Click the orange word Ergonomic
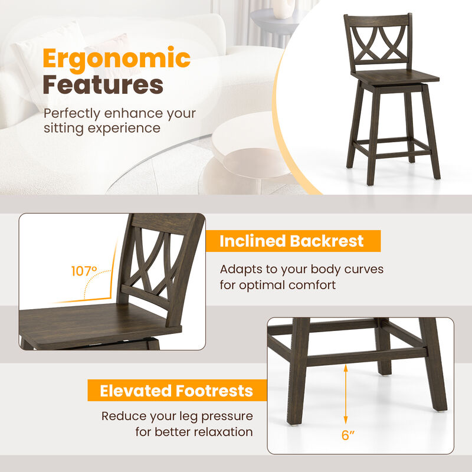(117, 59)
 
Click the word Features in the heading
(103, 84)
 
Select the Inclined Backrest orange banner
(292, 241)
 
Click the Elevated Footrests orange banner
(176, 391)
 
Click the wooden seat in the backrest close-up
(88, 322)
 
